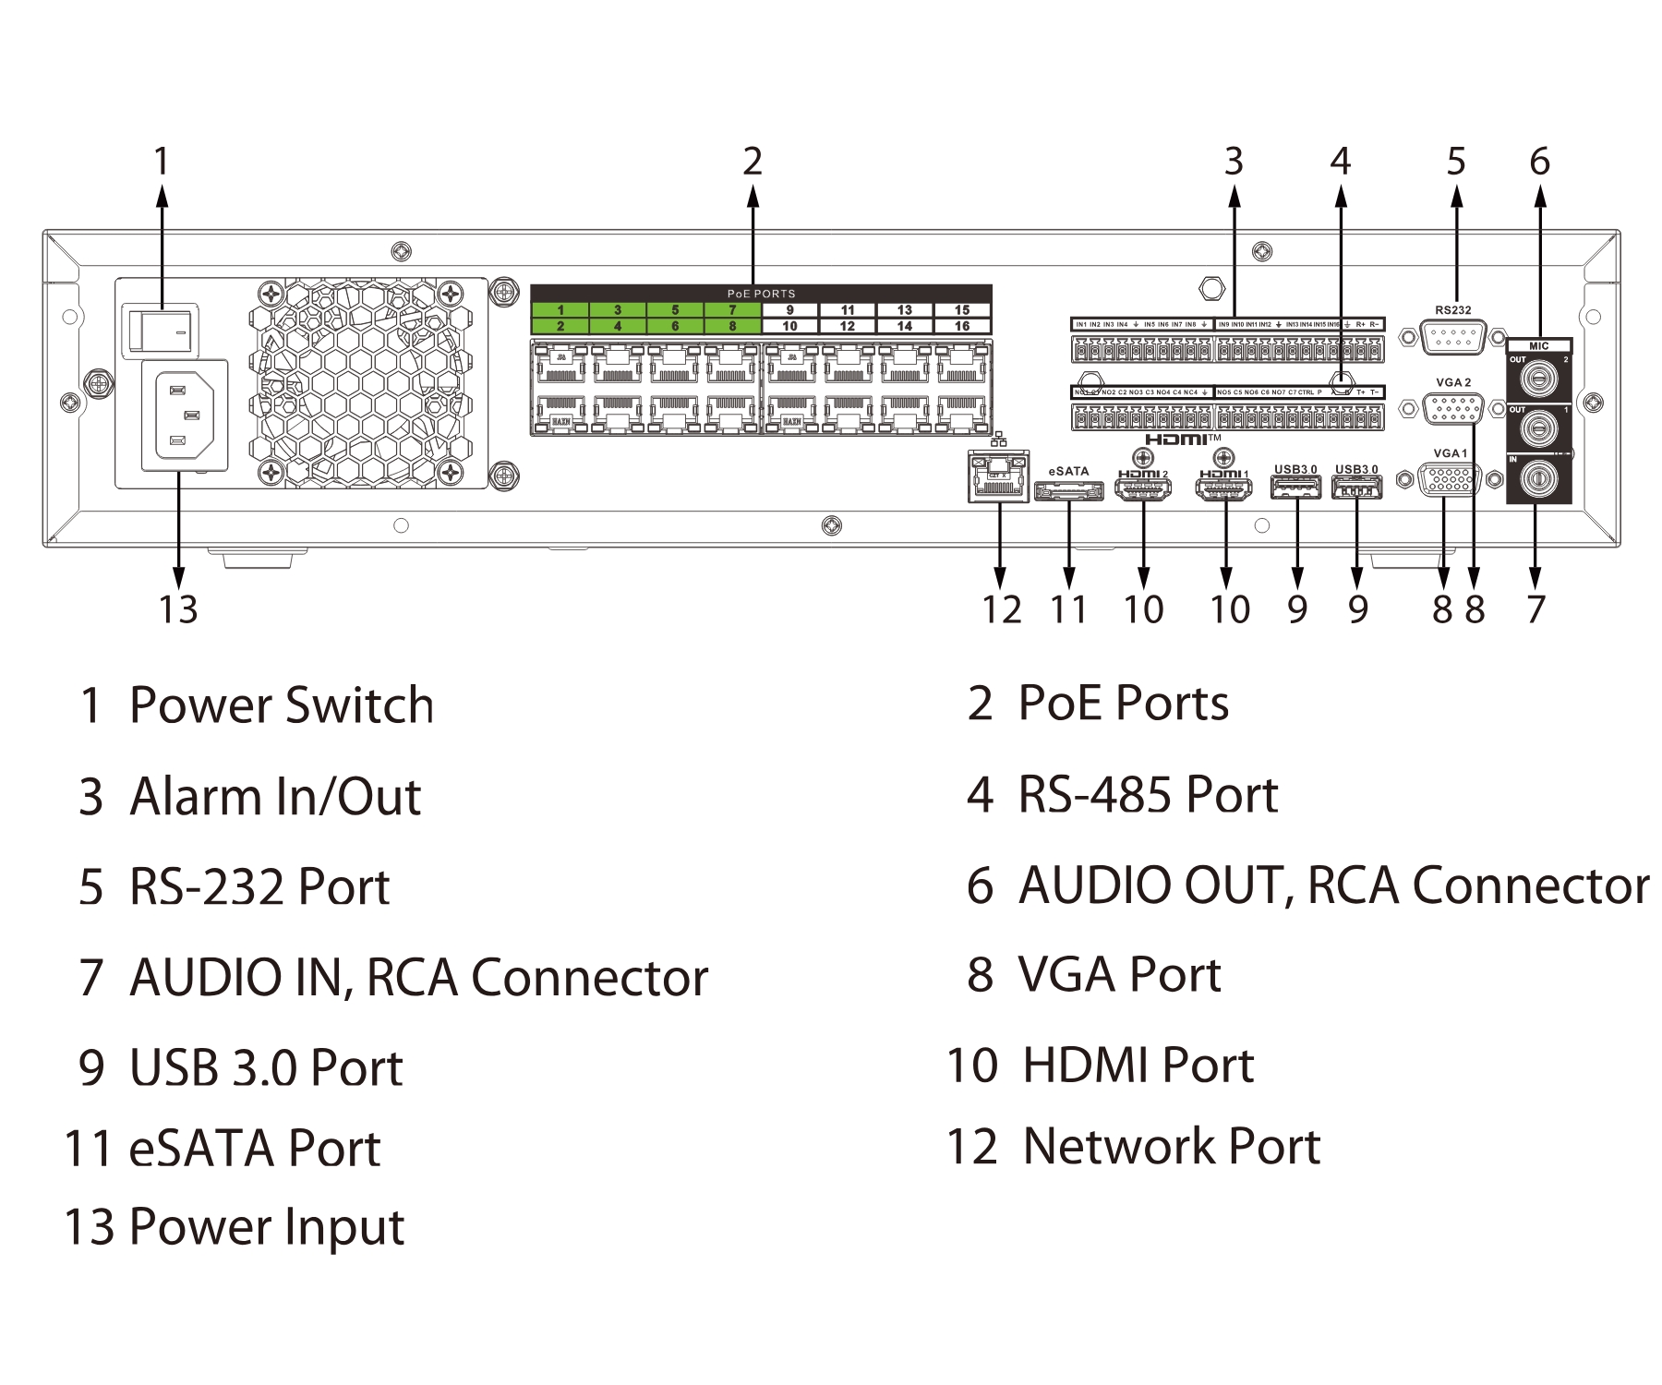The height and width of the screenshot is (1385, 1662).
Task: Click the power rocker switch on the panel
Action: [162, 331]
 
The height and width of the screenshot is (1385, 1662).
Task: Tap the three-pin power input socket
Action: [185, 415]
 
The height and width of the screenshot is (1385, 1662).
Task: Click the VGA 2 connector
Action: [1452, 407]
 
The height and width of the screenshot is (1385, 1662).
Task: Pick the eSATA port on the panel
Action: [1068, 491]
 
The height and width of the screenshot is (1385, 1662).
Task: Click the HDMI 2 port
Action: [1143, 490]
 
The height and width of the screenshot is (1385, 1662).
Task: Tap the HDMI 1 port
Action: [1224, 490]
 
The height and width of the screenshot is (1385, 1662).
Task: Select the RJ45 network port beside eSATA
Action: [998, 476]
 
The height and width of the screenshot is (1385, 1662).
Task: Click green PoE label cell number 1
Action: [560, 310]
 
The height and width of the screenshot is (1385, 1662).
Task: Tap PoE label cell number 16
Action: [962, 326]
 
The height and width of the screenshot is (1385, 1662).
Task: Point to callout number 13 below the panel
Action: [177, 609]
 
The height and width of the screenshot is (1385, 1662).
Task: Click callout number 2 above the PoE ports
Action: [753, 162]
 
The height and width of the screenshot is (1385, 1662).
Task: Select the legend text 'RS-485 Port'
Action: [1147, 795]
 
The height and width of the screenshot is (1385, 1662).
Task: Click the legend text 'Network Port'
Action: [1171, 1147]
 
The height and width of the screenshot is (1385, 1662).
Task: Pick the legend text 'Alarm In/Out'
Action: [274, 797]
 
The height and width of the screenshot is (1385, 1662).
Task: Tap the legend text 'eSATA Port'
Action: [254, 1149]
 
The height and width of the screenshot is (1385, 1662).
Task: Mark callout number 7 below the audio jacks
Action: [1535, 609]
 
